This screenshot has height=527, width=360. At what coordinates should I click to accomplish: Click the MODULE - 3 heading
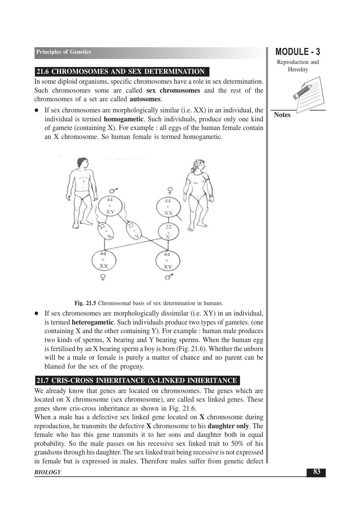[x=297, y=52]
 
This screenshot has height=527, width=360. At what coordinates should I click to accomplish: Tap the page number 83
[x=316, y=472]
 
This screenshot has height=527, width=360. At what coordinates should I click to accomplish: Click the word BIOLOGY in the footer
[x=48, y=472]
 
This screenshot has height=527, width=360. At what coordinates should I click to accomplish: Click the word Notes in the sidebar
[x=282, y=115]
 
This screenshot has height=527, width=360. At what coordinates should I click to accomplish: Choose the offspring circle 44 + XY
[x=168, y=261]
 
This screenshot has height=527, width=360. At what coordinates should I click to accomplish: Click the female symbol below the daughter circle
[x=103, y=277]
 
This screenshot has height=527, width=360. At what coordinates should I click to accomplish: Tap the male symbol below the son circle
[x=168, y=277]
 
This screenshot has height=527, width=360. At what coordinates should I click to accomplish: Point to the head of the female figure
[x=198, y=166]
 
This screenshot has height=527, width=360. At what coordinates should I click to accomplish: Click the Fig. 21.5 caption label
[x=85, y=303]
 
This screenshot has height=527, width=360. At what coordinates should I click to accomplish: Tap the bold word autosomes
[x=145, y=99]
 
